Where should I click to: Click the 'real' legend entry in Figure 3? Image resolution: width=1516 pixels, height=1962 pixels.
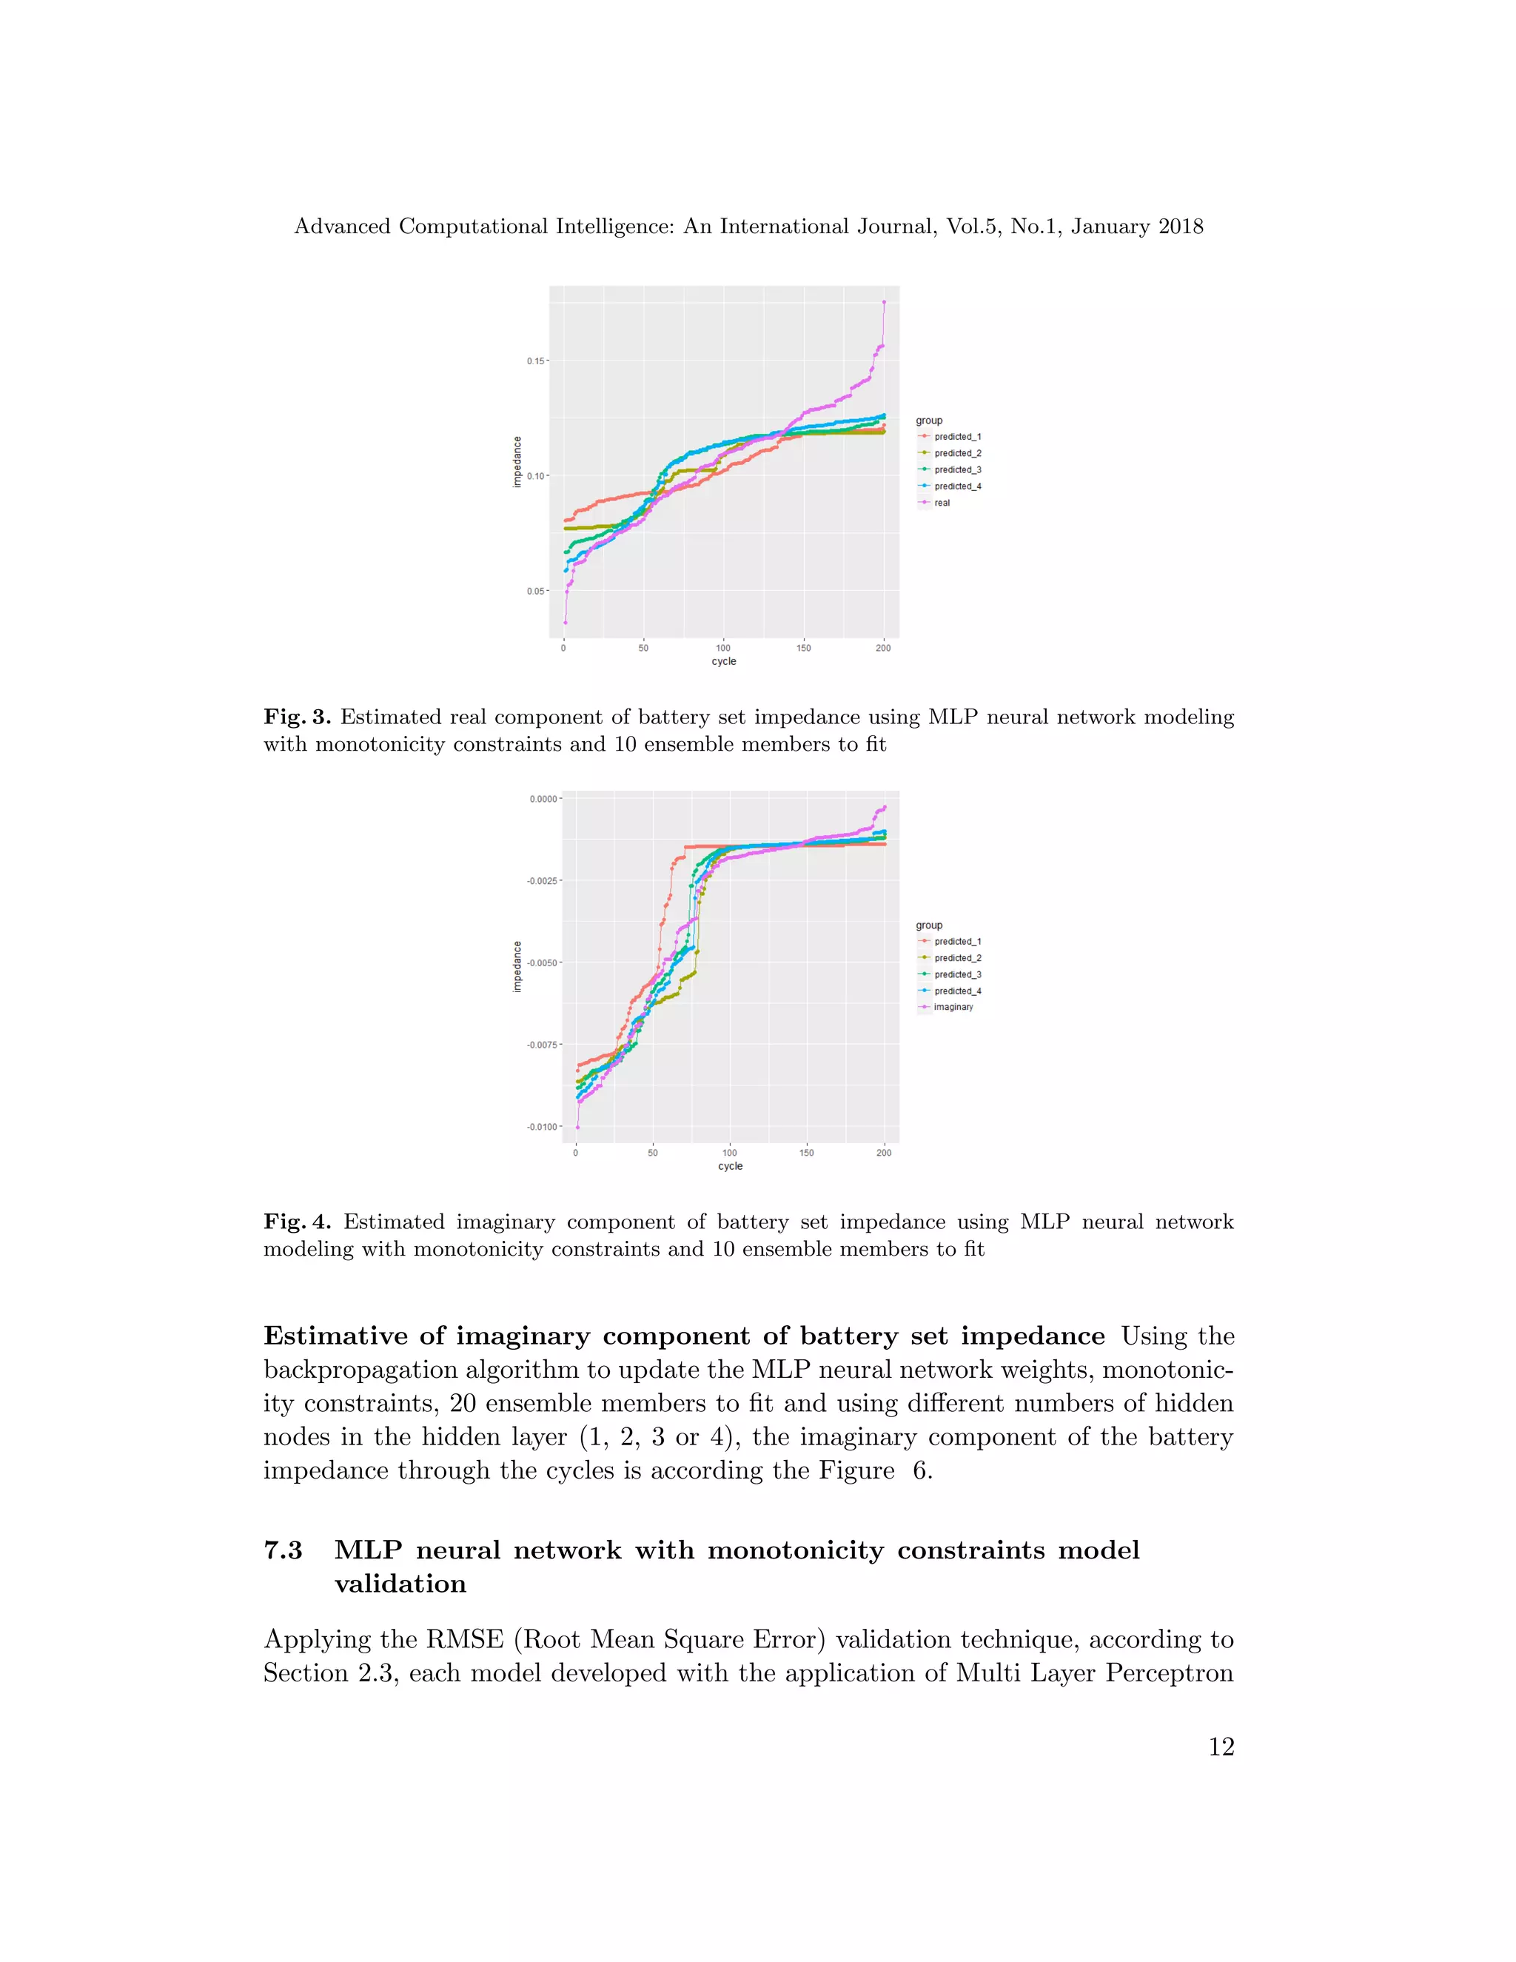[x=942, y=503]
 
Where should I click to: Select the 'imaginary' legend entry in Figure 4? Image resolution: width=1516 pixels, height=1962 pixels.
[x=953, y=1007]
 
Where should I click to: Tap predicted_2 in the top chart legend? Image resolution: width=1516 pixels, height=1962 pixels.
[x=957, y=454]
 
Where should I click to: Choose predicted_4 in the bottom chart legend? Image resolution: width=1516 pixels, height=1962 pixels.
[x=957, y=991]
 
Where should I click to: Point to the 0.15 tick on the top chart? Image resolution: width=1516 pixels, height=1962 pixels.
[x=535, y=361]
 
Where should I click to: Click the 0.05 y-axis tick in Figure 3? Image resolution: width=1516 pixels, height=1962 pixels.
[x=535, y=591]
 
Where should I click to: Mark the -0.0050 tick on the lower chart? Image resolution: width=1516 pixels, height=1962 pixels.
[x=543, y=963]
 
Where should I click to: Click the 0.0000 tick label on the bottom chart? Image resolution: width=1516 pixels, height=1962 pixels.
[x=543, y=799]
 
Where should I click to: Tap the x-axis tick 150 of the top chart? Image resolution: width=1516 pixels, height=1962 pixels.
[x=803, y=648]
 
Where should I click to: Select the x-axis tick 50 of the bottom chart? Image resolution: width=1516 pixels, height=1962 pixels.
[x=653, y=1153]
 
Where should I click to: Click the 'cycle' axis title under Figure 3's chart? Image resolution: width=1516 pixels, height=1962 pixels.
[x=724, y=661]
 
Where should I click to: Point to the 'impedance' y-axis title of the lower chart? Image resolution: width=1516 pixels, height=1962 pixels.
[x=517, y=967]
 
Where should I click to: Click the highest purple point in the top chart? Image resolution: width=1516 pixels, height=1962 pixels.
[x=884, y=303]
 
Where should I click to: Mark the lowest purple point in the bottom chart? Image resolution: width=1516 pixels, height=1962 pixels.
[x=577, y=1128]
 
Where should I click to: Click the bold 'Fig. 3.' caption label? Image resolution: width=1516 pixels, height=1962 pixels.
[x=298, y=717]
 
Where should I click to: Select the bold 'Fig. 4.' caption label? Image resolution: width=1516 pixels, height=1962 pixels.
[x=298, y=1222]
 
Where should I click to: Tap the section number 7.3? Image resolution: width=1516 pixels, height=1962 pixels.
[x=283, y=1550]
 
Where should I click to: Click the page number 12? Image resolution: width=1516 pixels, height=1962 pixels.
[x=1221, y=1747]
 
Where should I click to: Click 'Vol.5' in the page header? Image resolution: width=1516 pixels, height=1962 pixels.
[x=973, y=227]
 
